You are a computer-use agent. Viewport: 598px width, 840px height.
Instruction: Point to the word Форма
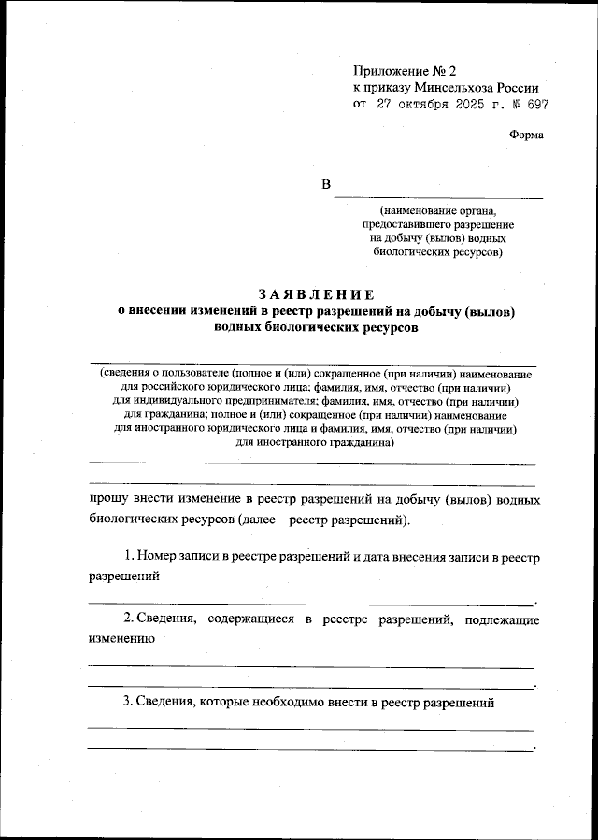pos(526,135)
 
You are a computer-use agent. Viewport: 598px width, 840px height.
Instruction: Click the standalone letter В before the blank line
pos(327,185)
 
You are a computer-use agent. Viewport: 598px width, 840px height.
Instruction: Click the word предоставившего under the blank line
pos(406,225)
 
